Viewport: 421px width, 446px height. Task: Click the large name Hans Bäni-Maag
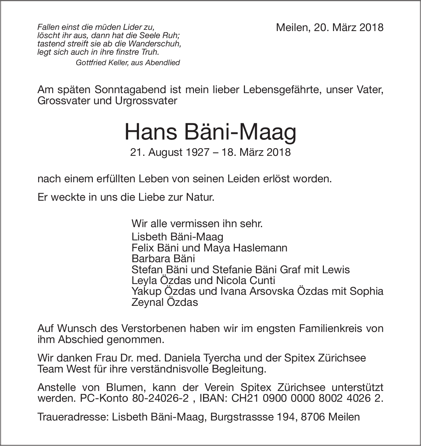pos(210,132)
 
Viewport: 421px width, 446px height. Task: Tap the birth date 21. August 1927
pos(170,152)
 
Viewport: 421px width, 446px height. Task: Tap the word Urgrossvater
pos(146,101)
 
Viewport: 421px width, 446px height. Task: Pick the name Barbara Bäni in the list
pos(163,259)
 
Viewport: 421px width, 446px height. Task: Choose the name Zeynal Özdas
pos(164,302)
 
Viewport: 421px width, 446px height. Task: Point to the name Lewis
pos(336,270)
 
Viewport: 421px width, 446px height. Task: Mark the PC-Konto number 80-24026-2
pos(160,398)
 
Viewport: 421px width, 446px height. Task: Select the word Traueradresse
pos(72,417)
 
